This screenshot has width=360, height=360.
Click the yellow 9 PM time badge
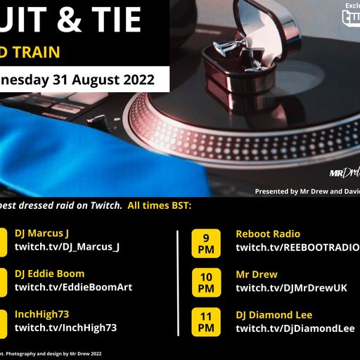tap(206, 240)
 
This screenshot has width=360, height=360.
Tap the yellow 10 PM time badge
tap(206, 281)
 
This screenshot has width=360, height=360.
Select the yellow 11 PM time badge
tap(206, 322)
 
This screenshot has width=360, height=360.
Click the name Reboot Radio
tap(268, 234)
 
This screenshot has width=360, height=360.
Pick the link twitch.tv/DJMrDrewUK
tap(291, 288)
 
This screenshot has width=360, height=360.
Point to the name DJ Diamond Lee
tap(274, 315)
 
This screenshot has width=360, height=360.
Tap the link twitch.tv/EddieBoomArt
tap(73, 287)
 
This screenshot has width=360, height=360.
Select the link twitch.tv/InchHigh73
tap(65, 328)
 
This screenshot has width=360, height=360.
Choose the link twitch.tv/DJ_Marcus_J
tap(67, 246)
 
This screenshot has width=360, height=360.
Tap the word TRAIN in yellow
tap(35, 52)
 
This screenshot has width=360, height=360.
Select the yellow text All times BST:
tap(159, 205)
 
